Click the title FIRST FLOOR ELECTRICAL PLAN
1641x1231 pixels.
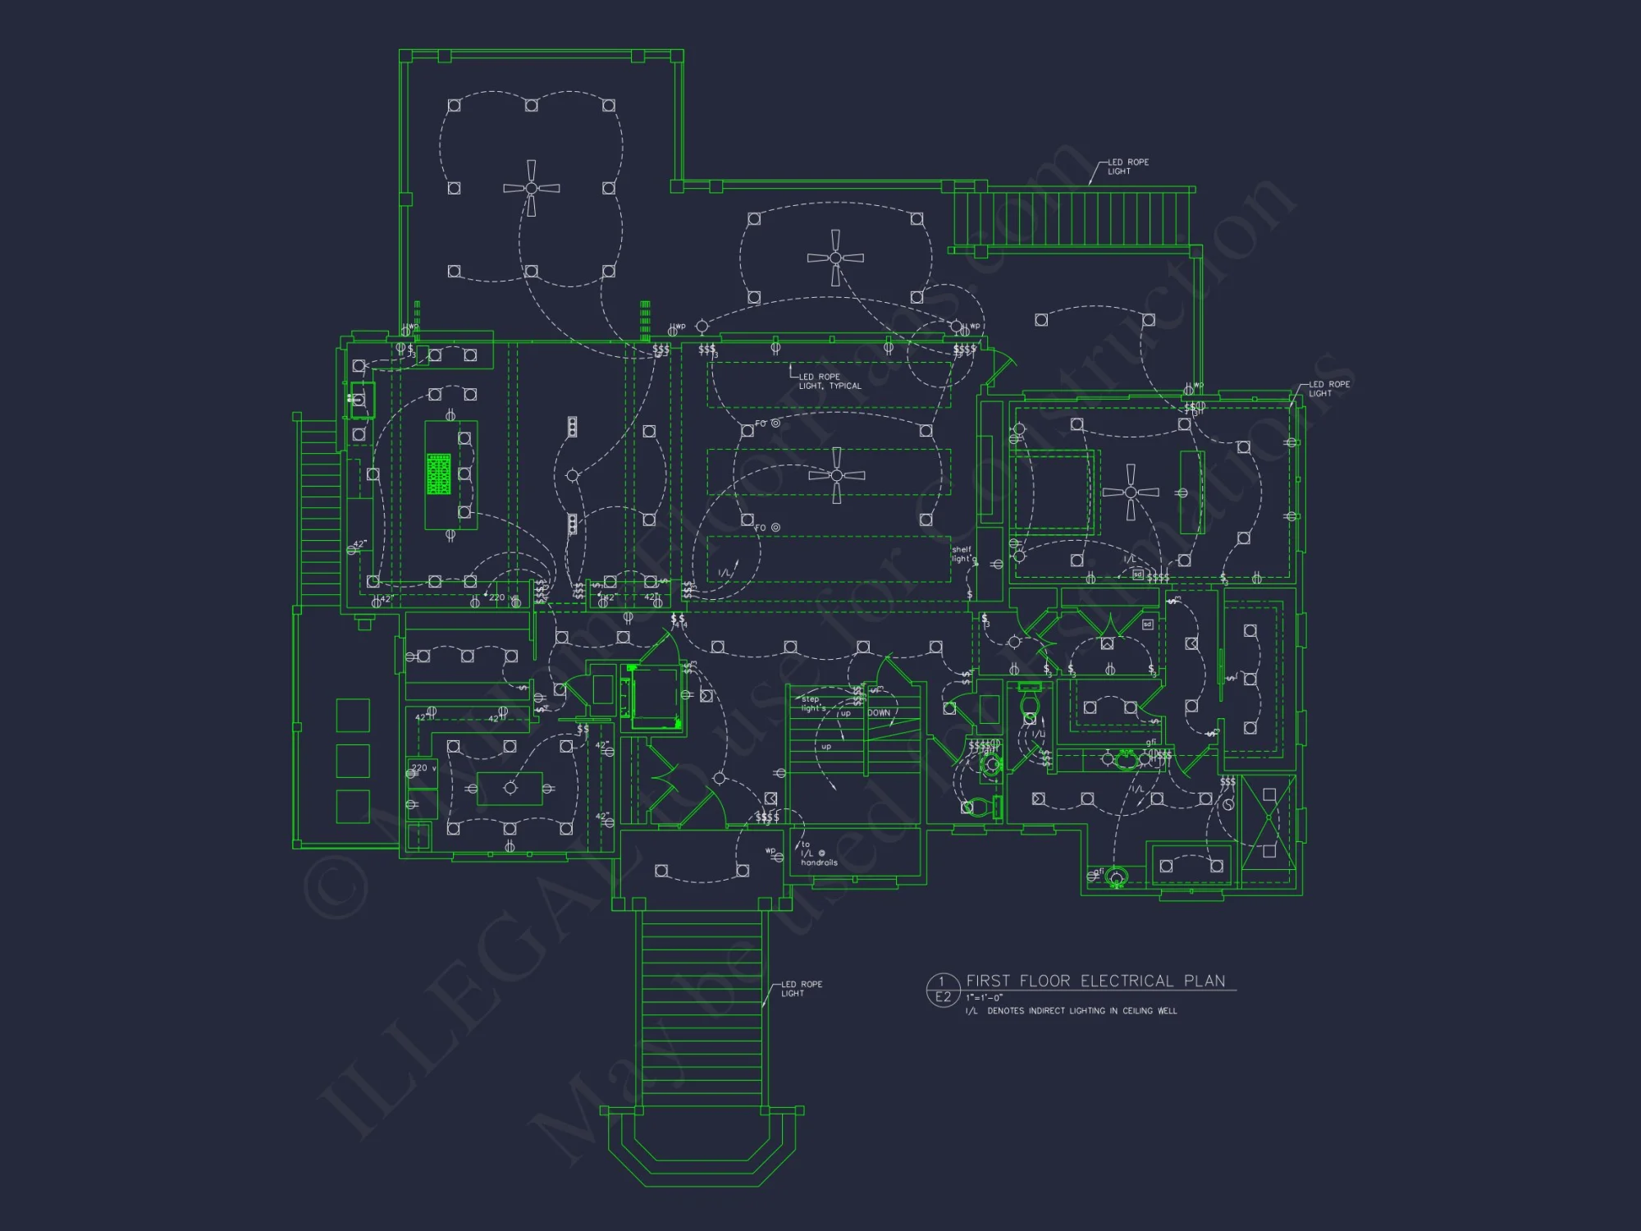click(x=1095, y=981)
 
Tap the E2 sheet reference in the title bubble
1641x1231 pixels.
click(x=943, y=997)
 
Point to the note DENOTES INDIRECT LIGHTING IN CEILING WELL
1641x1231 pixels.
click(x=1081, y=1011)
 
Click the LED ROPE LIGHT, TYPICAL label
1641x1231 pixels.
click(x=830, y=382)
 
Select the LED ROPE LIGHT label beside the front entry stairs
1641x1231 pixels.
click(x=801, y=989)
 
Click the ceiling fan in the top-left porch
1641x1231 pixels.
click(x=532, y=188)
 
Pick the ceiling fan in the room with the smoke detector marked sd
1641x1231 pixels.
click(x=1131, y=492)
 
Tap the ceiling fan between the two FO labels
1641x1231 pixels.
click(x=836, y=475)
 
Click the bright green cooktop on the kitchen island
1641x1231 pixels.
click(x=439, y=474)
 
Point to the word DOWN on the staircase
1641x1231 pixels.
click(x=879, y=713)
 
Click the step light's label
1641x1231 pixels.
click(x=813, y=704)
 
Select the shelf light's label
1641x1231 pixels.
click(x=963, y=555)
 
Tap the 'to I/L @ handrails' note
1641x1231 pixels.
click(x=817, y=853)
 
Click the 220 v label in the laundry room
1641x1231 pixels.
click(x=423, y=768)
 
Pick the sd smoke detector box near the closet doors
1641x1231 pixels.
click(x=1147, y=625)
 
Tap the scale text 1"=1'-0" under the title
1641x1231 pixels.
click(x=984, y=998)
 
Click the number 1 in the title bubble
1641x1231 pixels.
click(x=942, y=982)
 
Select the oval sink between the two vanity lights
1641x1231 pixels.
click(x=1126, y=760)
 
